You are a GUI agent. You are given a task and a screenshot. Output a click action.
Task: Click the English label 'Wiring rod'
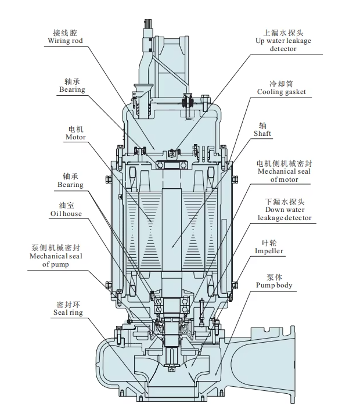(66, 41)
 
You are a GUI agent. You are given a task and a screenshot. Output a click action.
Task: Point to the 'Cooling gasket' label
(282, 92)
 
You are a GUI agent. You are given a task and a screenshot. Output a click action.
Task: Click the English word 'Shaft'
(264, 133)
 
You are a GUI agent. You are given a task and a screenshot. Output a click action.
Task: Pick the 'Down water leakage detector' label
(284, 213)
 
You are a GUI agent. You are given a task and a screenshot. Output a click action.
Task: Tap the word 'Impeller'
(269, 251)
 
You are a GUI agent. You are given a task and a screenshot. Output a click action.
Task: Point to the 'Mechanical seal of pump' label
(56, 260)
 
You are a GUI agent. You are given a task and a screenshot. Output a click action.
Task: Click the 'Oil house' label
(66, 214)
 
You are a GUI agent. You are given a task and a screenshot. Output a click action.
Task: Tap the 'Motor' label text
(75, 137)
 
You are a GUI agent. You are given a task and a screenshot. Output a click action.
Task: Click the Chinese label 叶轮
(268, 242)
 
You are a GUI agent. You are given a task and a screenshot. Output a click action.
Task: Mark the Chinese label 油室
(66, 205)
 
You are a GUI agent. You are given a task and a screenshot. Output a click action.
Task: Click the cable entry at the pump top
(146, 26)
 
